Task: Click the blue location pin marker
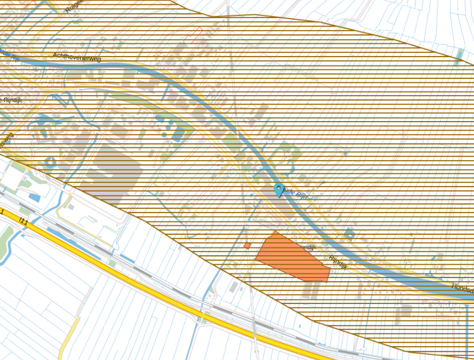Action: click(x=279, y=190)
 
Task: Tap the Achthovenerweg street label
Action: click(x=76, y=57)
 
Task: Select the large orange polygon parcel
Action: click(x=292, y=258)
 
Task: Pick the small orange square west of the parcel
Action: click(x=247, y=246)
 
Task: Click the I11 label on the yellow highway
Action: click(x=23, y=222)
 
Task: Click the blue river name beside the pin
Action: click(x=296, y=194)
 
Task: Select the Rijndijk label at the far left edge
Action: click(x=12, y=100)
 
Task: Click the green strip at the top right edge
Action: click(x=460, y=57)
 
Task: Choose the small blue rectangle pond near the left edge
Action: click(x=35, y=197)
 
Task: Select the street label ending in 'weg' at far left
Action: click(x=6, y=140)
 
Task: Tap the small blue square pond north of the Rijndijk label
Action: click(x=349, y=233)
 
